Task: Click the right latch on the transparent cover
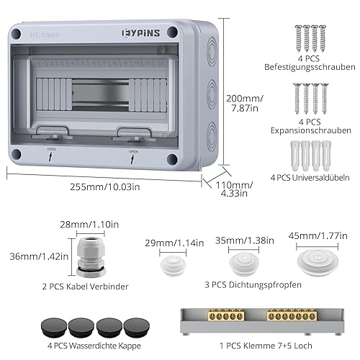point(132,135)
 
